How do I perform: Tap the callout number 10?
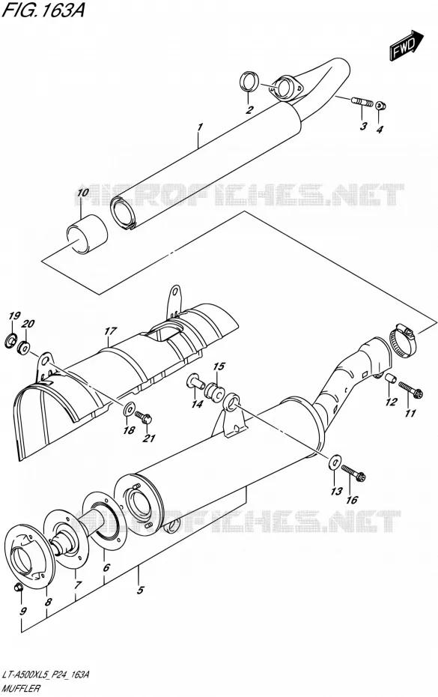point(82,193)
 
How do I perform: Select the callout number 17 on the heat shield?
point(110,331)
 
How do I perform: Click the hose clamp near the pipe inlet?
point(404,340)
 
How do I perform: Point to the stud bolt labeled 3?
point(362,103)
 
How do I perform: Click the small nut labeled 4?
point(380,106)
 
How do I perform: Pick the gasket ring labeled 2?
point(249,82)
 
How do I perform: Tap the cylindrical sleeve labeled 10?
point(88,235)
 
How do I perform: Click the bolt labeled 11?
point(411,390)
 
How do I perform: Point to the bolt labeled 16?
point(353,473)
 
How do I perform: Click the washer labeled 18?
point(130,407)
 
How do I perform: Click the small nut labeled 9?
point(19,588)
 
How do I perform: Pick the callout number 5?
point(140,591)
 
